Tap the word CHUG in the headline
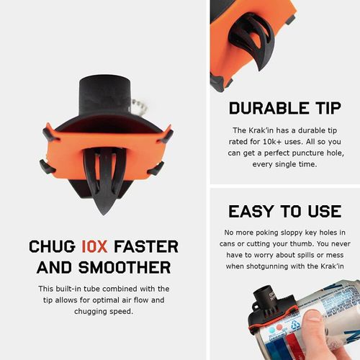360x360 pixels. tap(51, 246)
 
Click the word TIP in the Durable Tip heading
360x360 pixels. tap(324, 108)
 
